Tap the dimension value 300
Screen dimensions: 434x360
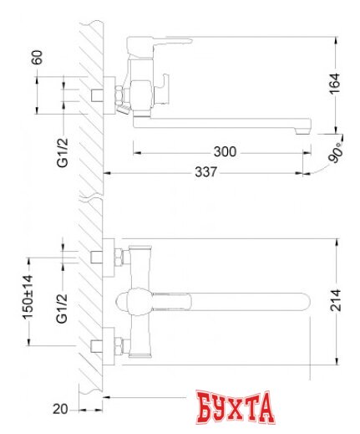(225, 152)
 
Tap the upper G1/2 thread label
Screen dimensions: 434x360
(62, 151)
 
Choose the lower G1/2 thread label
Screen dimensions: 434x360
(62, 309)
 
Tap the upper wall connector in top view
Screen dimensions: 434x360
(107, 253)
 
